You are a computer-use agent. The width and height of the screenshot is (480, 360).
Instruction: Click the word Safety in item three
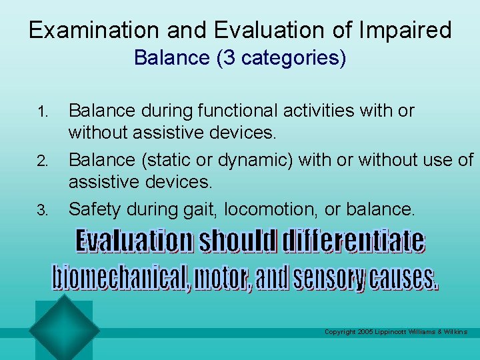[x=91, y=210]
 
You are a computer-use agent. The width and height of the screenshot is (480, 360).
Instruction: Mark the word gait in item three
[x=202, y=210]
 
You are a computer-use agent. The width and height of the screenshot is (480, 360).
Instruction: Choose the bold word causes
[x=405, y=277]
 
